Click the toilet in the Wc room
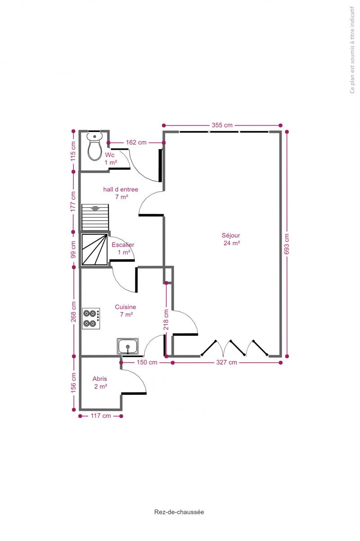tap(95, 147)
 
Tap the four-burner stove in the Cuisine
tap(91, 318)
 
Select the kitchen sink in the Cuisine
tap(128, 346)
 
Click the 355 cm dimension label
tap(222, 125)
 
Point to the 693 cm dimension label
tap(287, 244)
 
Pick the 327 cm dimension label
tap(227, 362)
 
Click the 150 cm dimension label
tap(147, 362)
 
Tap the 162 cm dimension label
tap(136, 142)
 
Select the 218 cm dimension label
tap(166, 320)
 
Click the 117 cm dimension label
tap(100, 416)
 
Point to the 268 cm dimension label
tap(73, 312)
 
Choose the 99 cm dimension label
tap(73, 249)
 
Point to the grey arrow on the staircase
tap(95, 208)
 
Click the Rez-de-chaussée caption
tap(179, 512)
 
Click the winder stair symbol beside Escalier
tap(95, 249)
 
